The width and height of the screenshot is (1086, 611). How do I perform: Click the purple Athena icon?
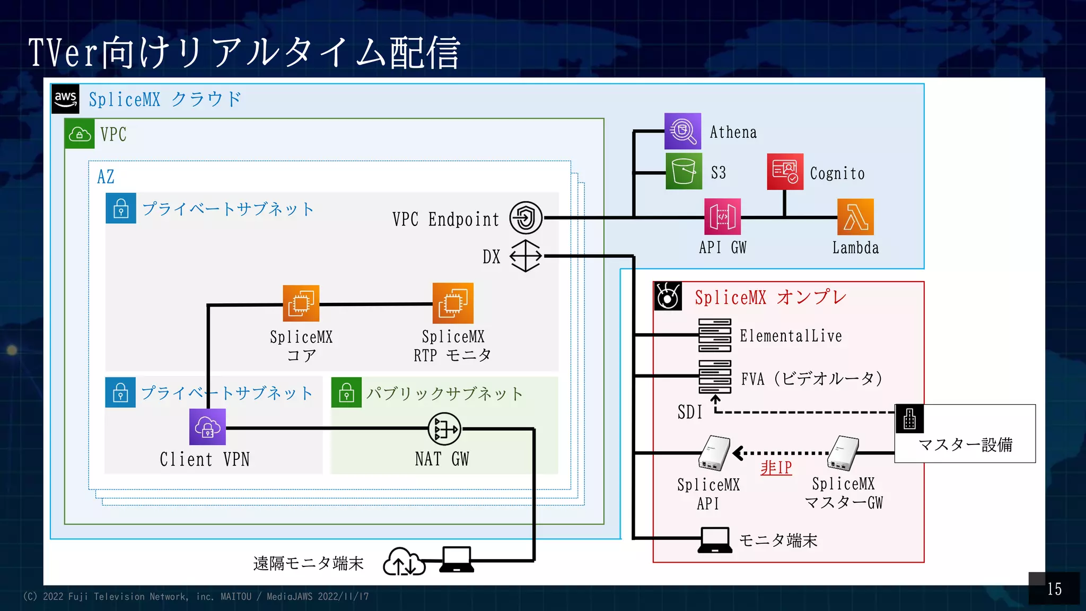pos(682,131)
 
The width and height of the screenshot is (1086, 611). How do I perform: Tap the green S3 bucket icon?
pos(684,171)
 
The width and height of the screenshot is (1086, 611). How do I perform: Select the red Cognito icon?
pos(785,171)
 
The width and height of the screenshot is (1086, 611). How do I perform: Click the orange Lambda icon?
pos(855,217)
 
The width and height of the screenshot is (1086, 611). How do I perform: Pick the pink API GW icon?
pos(722,217)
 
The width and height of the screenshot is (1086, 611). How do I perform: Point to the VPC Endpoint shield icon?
pos(526,217)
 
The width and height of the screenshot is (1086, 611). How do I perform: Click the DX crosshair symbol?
pos(526,256)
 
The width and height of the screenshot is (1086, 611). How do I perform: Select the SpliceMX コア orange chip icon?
pos(301,303)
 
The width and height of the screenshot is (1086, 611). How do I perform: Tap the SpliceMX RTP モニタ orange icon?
pos(453,303)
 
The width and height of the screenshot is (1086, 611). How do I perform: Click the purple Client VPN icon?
pos(207,427)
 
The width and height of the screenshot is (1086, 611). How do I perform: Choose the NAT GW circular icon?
pos(444,429)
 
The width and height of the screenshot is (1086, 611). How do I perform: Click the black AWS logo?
pos(65,99)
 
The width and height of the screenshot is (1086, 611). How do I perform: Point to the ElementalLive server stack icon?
pos(714,335)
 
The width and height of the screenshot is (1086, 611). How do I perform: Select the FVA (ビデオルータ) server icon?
pos(714,376)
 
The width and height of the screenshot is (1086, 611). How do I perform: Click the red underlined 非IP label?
pos(776,467)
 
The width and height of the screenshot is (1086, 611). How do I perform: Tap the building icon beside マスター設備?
pos(909,418)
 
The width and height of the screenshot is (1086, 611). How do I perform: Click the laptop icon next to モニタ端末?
pos(715,540)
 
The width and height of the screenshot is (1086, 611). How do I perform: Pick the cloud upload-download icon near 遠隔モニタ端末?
pos(404,562)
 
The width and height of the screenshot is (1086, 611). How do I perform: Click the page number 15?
pos(1054,589)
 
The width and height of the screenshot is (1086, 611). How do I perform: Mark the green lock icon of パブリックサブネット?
pos(346,392)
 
